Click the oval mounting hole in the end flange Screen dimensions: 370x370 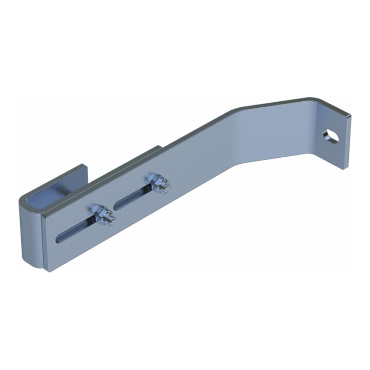pos(331,136)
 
